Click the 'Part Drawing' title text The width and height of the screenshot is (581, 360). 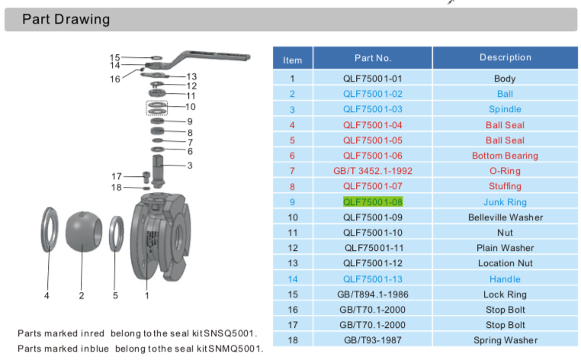tap(66, 19)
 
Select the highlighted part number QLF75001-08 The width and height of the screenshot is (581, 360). tap(372, 201)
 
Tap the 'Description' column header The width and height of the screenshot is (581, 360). tap(505, 57)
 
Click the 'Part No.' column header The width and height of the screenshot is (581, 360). tap(372, 57)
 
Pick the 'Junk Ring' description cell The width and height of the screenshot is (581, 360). tap(505, 202)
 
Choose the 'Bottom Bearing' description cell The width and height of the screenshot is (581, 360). tap(505, 156)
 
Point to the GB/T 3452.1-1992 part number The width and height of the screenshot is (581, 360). tap(372, 171)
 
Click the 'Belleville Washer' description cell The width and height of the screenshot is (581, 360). tap(505, 217)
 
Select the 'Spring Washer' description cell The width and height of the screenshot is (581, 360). tap(505, 340)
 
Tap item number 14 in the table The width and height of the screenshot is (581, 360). tap(292, 279)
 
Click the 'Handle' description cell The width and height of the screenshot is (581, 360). tap(505, 279)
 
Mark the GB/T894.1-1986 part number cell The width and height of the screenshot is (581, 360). tap(372, 294)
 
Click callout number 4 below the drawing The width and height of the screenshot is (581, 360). tap(47, 295)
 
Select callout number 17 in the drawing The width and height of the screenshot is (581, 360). tap(117, 176)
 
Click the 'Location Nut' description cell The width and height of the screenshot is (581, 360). tap(505, 263)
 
